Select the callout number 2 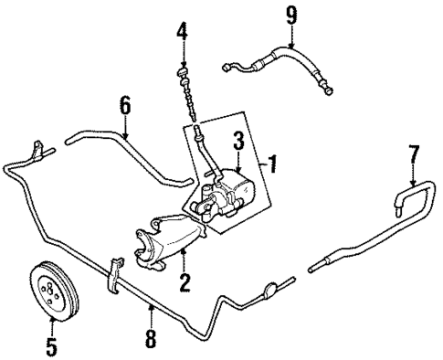point(185,282)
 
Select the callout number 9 point(290,14)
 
